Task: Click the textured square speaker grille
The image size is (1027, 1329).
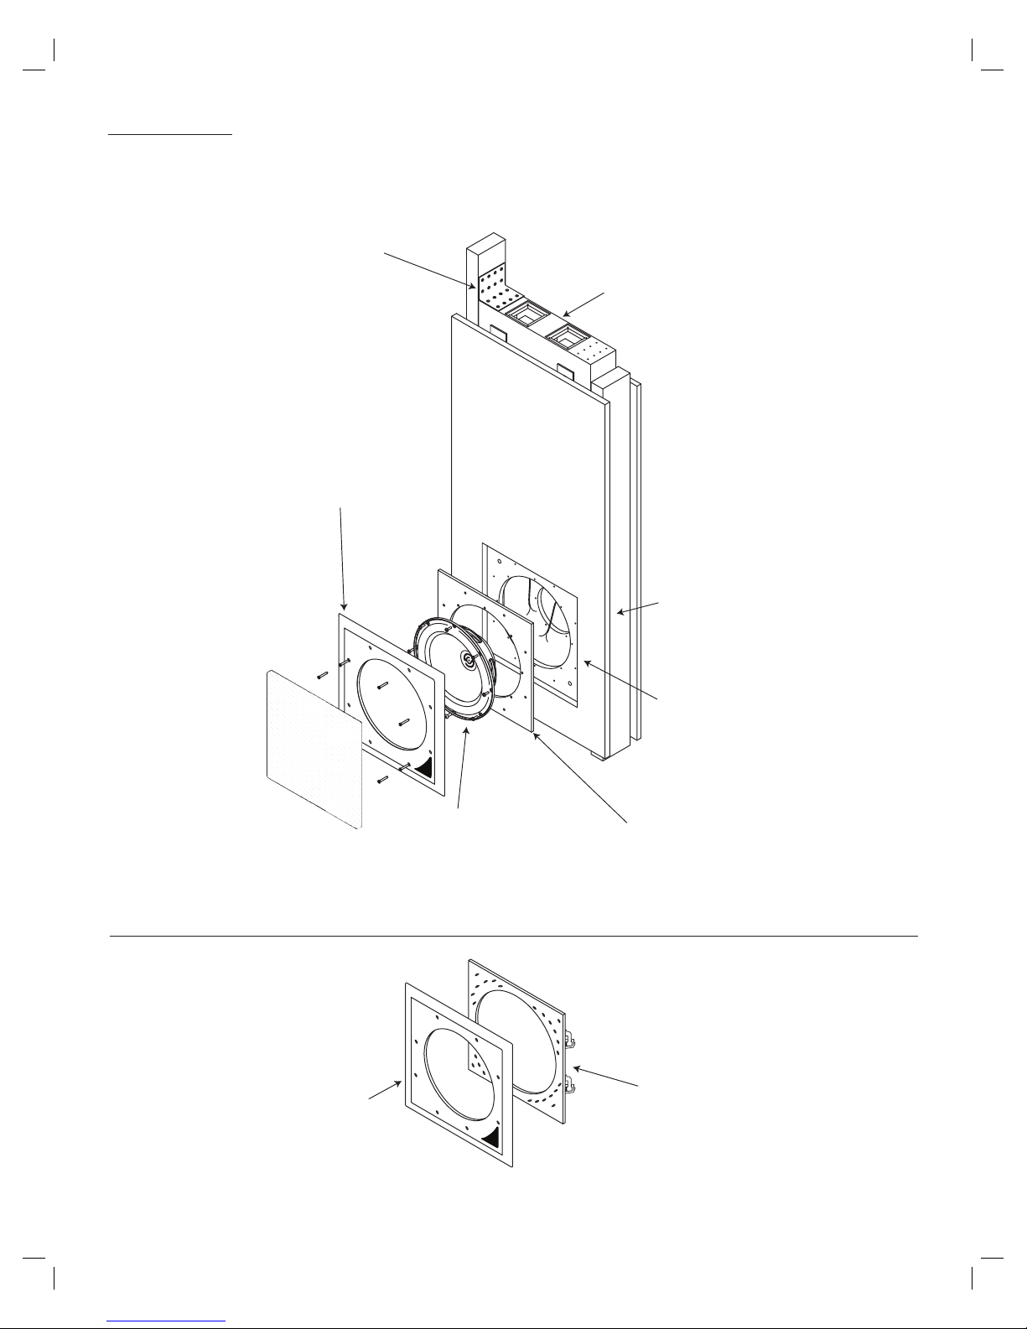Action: point(313,748)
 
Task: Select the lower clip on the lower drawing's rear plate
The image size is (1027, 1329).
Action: point(570,1087)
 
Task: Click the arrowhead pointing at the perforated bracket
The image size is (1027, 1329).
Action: point(475,287)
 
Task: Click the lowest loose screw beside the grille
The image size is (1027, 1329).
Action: point(382,780)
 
